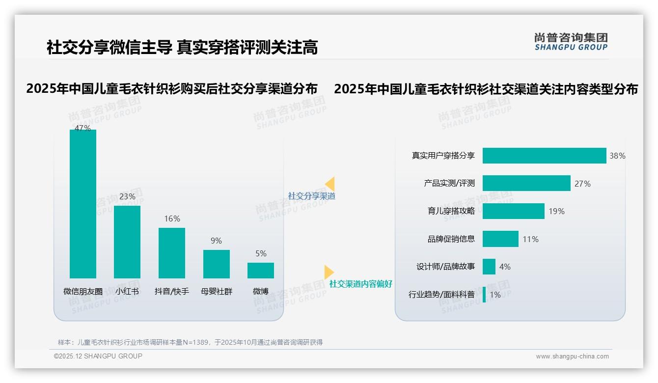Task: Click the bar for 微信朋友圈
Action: pyautogui.click(x=83, y=204)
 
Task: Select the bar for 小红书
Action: pyautogui.click(x=127, y=242)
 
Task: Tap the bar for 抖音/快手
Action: pyautogui.click(x=172, y=253)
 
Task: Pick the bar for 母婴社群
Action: pyautogui.click(x=217, y=264)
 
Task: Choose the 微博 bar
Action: pyautogui.click(x=261, y=271)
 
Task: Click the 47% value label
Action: pyautogui.click(x=83, y=128)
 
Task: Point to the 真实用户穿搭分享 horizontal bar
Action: pyautogui.click(x=544, y=156)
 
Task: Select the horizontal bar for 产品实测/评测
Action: pyautogui.click(x=526, y=183)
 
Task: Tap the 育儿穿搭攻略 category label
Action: pyautogui.click(x=451, y=211)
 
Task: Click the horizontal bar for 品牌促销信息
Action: pyautogui.click(x=500, y=239)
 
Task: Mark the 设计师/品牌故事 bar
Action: pyautogui.click(x=489, y=267)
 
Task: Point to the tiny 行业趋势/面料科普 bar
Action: pyautogui.click(x=484, y=295)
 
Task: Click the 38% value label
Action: pyautogui.click(x=617, y=156)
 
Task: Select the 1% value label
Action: pyautogui.click(x=495, y=295)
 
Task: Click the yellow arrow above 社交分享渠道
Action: pyautogui.click(x=330, y=184)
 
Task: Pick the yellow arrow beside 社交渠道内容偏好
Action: pyautogui.click(x=329, y=272)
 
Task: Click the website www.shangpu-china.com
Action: pyautogui.click(x=572, y=356)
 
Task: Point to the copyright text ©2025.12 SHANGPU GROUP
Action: pyautogui.click(x=98, y=356)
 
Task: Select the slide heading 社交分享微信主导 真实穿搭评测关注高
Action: pyautogui.click(x=182, y=48)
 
